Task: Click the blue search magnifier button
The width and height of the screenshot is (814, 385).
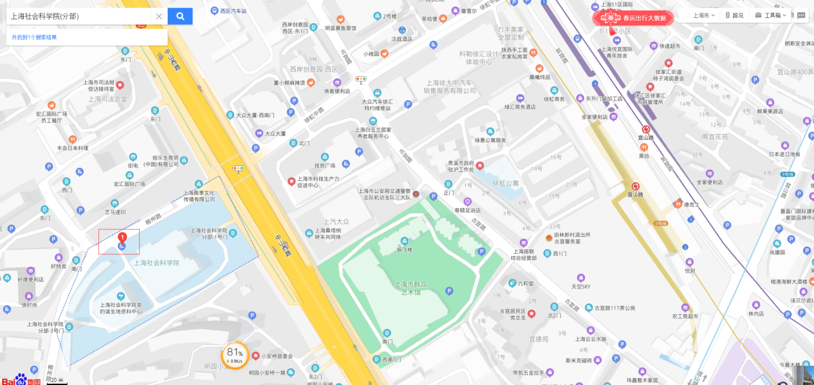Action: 180,16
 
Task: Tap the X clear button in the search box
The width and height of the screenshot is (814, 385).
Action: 159,16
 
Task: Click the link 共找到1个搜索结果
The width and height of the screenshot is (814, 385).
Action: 34,37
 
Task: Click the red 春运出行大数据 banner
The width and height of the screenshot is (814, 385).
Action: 634,18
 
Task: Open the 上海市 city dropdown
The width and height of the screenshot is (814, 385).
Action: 699,15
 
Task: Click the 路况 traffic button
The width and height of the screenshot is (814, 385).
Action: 734,15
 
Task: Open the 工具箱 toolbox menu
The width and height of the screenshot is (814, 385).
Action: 771,15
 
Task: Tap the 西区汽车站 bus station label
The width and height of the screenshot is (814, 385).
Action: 233,11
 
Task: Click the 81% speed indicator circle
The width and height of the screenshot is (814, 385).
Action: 235,355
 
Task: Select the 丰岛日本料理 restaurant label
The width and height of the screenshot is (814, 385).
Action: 73,148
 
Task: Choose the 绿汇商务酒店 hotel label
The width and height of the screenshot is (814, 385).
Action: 520,107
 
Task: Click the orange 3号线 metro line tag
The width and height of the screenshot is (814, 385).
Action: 660,223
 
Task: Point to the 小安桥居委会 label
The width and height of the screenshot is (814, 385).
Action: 277,355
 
